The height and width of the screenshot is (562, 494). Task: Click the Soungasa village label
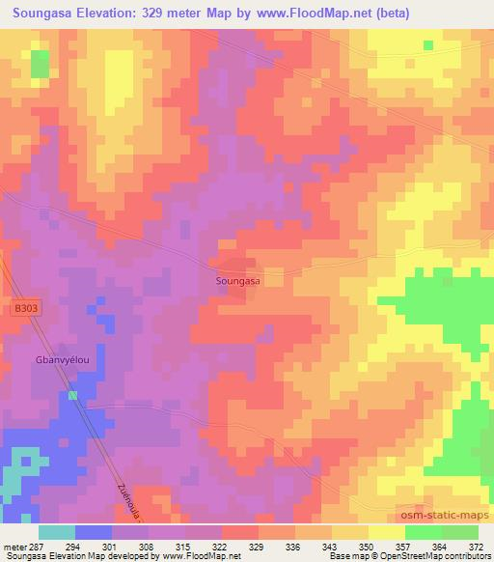(237, 281)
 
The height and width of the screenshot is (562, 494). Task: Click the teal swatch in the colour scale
(57, 532)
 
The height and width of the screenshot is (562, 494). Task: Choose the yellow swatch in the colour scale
(386, 532)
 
